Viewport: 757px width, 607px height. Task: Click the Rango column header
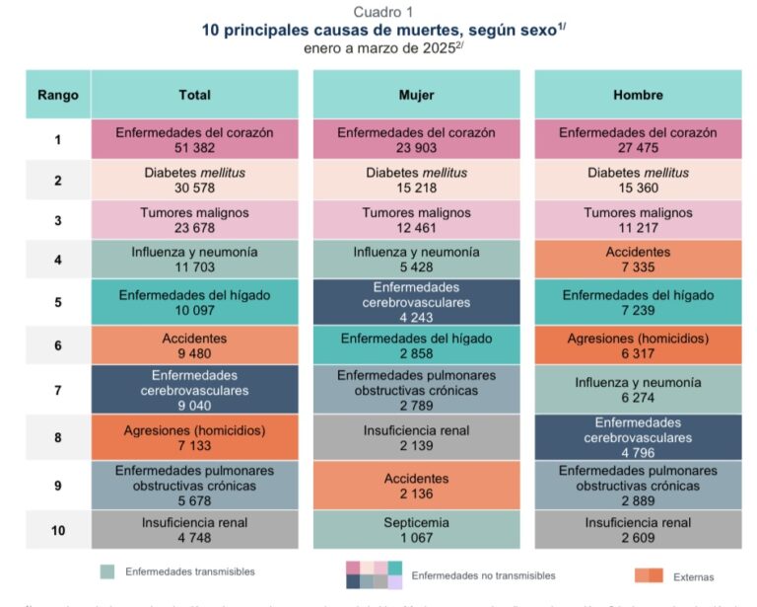[57, 96]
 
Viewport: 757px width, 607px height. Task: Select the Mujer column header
[416, 96]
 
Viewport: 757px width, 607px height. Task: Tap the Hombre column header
[638, 96]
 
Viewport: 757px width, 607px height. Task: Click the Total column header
[194, 96]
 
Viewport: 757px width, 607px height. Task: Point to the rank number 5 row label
[57, 302]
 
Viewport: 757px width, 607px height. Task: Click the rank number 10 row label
[57, 530]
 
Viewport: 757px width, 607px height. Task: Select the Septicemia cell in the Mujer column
[416, 530]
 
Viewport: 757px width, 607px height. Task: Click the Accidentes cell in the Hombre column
[638, 260]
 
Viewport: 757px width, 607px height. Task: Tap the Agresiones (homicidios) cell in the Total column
[194, 438]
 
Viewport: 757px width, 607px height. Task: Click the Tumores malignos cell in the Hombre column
[638, 220]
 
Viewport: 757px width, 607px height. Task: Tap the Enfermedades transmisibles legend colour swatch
[107, 571]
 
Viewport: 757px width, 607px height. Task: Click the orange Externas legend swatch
[648, 575]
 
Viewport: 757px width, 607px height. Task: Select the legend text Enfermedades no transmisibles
[483, 575]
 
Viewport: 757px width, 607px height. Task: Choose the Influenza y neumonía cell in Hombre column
[638, 389]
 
